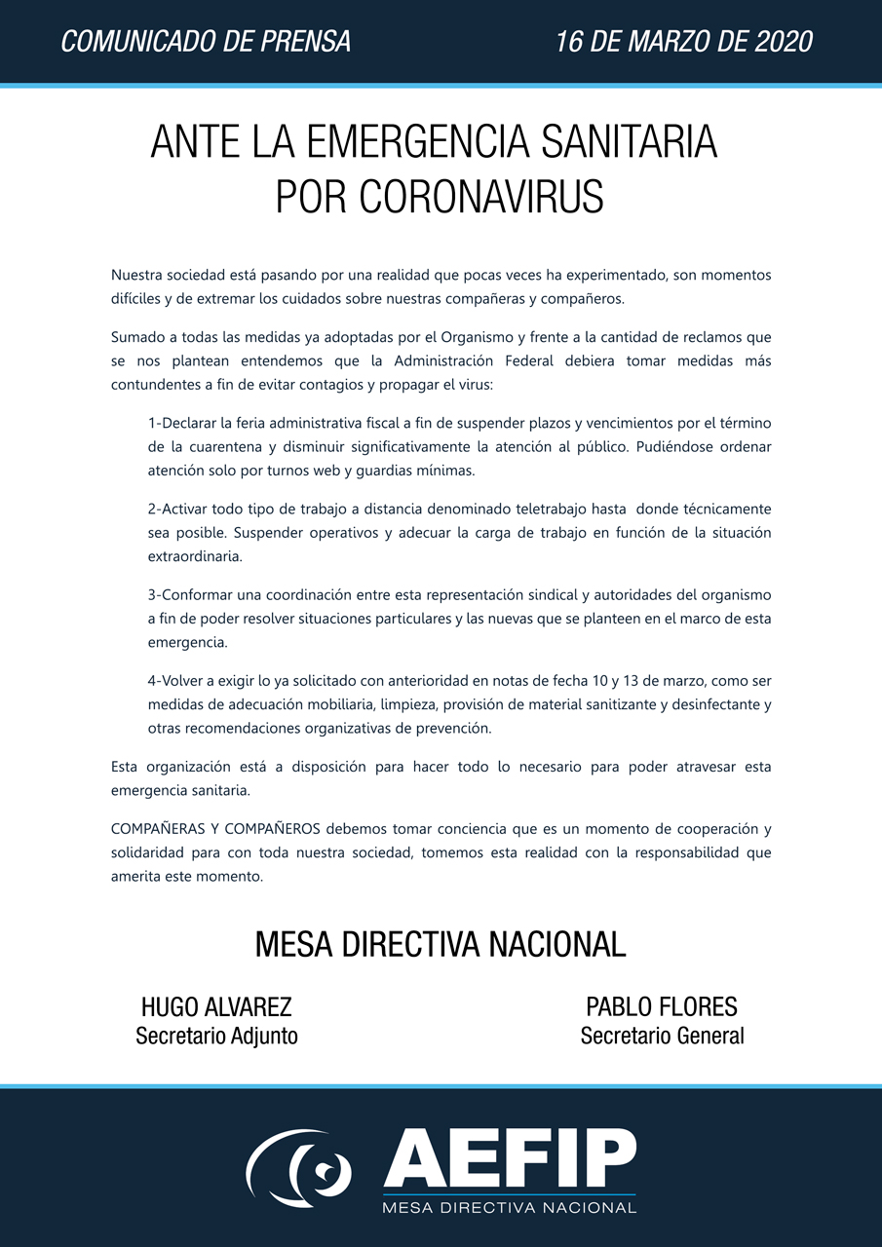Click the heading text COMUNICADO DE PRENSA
click(x=206, y=42)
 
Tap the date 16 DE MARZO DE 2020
click(x=684, y=42)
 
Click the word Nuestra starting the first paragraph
click(x=136, y=275)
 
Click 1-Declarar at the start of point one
click(x=184, y=424)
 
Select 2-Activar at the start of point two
click(x=179, y=510)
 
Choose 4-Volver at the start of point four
click(x=176, y=680)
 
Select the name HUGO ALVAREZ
click(x=216, y=1007)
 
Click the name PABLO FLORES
click(x=662, y=1007)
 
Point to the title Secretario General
click(x=662, y=1037)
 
